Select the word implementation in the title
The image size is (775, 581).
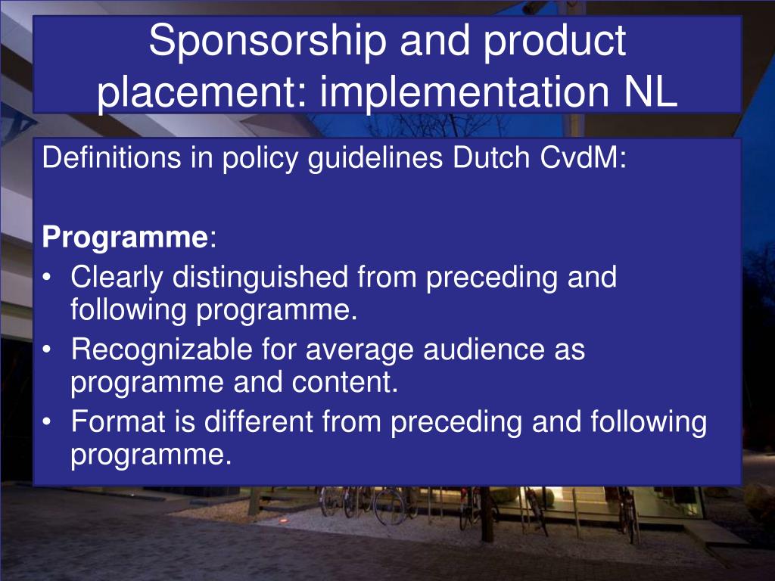[x=464, y=91]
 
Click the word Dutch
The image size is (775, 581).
[x=491, y=158]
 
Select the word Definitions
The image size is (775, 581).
[x=112, y=158]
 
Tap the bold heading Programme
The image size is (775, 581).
[x=126, y=238]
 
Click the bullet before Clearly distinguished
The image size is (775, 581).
[x=46, y=278]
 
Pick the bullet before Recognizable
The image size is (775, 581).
[x=46, y=350]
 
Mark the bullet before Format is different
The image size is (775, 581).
[x=46, y=422]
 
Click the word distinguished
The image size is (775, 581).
[x=260, y=278]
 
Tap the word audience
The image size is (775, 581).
[x=484, y=350]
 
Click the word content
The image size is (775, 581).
[x=344, y=383]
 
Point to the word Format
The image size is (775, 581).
[x=118, y=422]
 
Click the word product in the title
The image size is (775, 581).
[x=555, y=42]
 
